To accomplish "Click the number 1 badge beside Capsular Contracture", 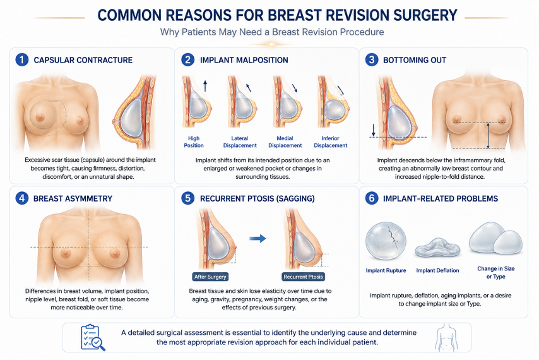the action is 21,60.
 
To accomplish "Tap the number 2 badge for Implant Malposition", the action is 187,60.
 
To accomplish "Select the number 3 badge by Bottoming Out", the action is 372,60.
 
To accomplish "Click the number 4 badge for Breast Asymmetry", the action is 21,198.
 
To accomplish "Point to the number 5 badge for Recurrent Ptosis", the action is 187,198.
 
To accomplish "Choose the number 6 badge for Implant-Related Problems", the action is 372,198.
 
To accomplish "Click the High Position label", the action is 194,141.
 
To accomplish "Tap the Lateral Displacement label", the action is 240,141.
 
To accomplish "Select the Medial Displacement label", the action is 285,141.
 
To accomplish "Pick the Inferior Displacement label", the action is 330,141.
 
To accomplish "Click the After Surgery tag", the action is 210,277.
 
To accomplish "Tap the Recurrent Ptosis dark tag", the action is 303,277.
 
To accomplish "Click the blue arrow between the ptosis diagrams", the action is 258,238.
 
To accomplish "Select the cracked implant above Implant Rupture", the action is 386,241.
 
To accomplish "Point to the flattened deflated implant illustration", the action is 437,248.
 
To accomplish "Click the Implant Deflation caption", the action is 437,270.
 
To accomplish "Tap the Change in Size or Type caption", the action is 495,272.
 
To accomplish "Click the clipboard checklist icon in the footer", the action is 93,337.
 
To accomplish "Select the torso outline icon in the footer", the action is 446,337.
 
